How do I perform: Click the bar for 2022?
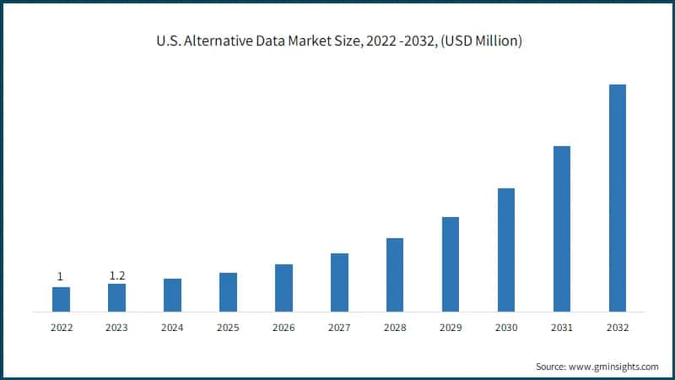pyautogui.click(x=61, y=299)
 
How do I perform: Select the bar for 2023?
pyautogui.click(x=116, y=297)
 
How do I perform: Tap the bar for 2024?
pyautogui.click(x=172, y=295)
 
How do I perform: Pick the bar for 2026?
pyautogui.click(x=283, y=287)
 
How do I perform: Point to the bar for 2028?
pyautogui.click(x=395, y=274)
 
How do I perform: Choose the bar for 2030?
pyautogui.click(x=506, y=249)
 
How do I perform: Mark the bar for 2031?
pyautogui.click(x=562, y=228)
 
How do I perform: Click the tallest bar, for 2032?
pyautogui.click(x=618, y=198)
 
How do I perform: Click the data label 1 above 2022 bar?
pyautogui.click(x=60, y=277)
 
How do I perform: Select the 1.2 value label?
pyautogui.click(x=116, y=275)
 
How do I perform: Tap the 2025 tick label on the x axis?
pyautogui.click(x=228, y=328)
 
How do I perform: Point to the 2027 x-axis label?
pyautogui.click(x=339, y=328)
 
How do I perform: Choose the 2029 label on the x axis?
pyautogui.click(x=451, y=328)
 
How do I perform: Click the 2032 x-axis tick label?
pyautogui.click(x=618, y=328)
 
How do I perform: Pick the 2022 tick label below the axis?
pyautogui.click(x=61, y=328)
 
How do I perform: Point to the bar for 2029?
pyautogui.click(x=451, y=264)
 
